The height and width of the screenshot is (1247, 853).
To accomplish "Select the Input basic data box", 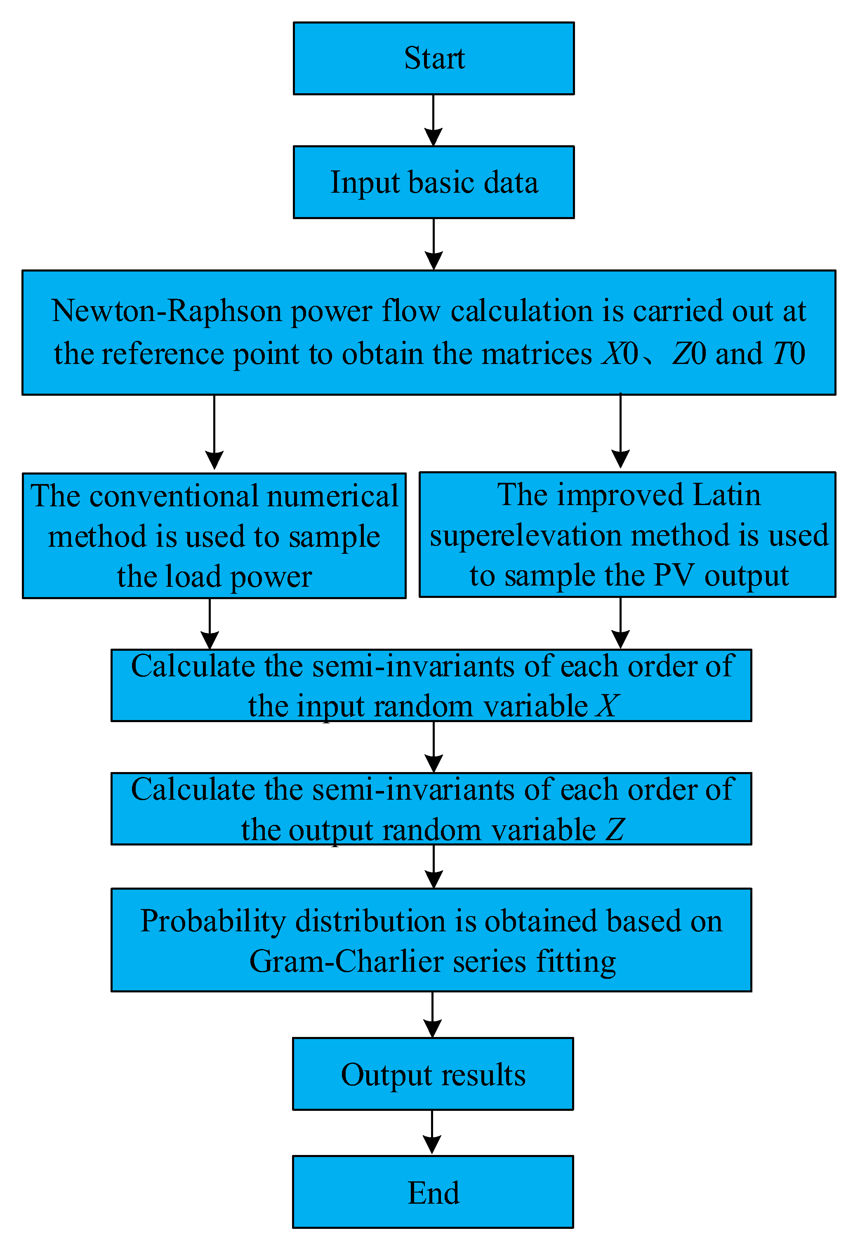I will click(x=434, y=182).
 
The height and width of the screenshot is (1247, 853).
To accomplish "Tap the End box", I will click(x=432, y=1192).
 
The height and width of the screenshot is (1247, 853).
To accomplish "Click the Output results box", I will click(x=432, y=1074).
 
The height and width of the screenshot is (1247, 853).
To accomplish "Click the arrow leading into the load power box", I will click(x=214, y=432).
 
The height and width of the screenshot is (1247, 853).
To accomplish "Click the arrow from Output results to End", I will click(x=432, y=1132).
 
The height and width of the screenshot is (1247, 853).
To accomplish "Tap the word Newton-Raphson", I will click(x=167, y=311).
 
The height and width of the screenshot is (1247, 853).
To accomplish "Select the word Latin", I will click(x=726, y=495).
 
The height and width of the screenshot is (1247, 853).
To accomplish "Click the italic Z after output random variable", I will click(x=615, y=829).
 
